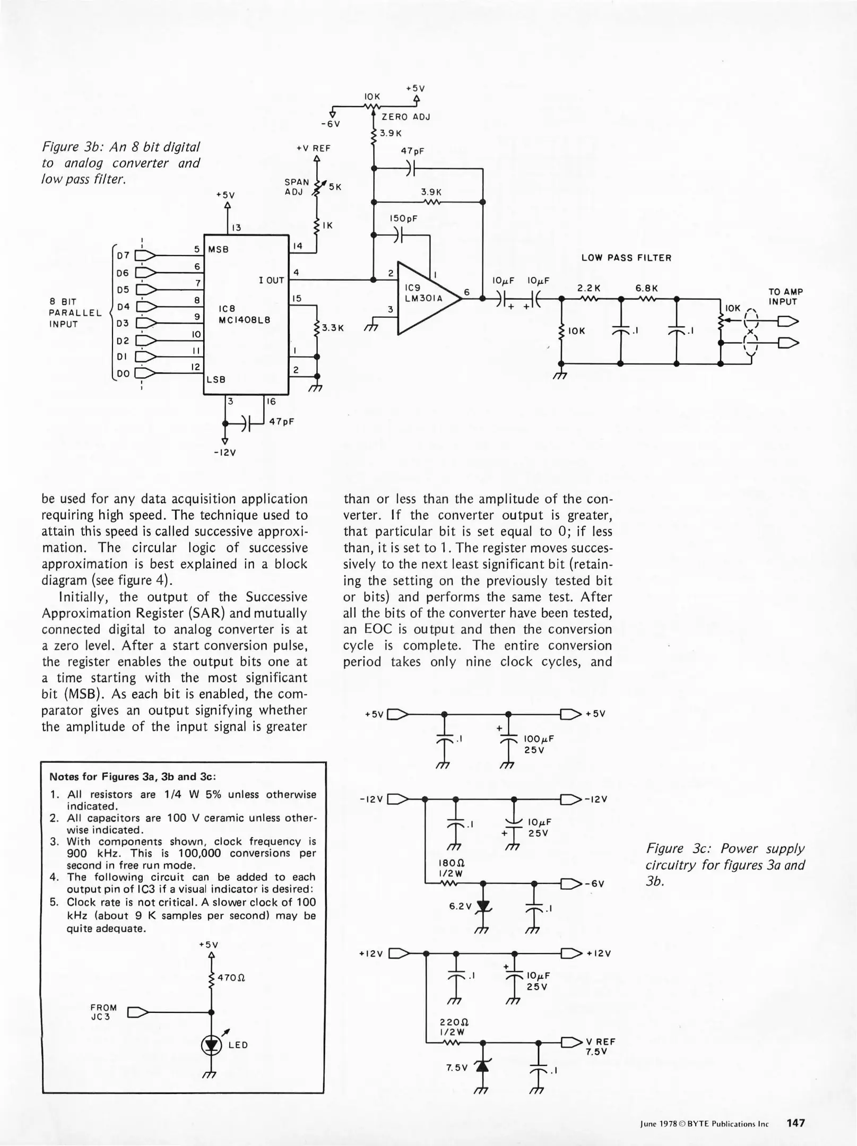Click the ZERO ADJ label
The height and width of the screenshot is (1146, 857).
(406, 117)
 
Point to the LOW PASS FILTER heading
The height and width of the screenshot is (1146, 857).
(626, 258)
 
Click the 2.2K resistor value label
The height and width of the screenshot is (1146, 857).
(588, 288)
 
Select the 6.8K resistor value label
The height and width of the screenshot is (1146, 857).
(646, 288)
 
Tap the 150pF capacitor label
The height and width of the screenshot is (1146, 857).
(403, 218)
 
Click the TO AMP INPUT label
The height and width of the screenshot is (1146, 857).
(785, 297)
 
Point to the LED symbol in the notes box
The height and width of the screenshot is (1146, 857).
(211, 1045)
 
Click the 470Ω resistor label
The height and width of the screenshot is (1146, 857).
(230, 977)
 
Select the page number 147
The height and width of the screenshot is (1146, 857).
(795, 1123)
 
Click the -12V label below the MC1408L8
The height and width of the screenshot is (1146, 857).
(225, 453)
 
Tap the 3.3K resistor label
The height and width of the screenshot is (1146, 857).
(333, 328)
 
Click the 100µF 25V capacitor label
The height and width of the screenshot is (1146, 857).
(539, 744)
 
